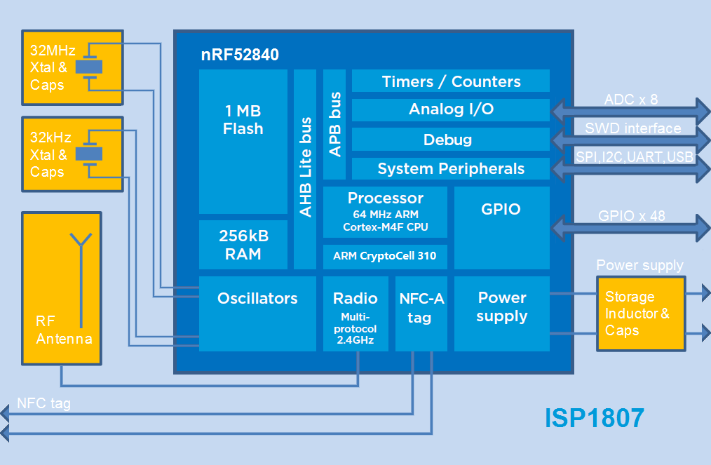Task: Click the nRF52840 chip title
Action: (x=239, y=55)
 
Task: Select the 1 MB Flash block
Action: (x=243, y=140)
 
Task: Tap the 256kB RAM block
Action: (x=243, y=245)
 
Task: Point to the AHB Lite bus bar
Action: (x=305, y=168)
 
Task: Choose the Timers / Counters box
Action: (x=450, y=81)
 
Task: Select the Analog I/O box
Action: (x=450, y=109)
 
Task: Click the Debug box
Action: (x=450, y=140)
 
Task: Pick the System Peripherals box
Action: (x=450, y=169)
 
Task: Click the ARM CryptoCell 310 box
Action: (x=385, y=256)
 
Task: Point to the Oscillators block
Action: (x=257, y=313)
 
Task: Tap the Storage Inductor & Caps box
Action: (x=639, y=314)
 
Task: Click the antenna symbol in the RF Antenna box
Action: (x=82, y=281)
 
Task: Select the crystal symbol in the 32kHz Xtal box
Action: (x=88, y=153)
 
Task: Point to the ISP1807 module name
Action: (x=594, y=418)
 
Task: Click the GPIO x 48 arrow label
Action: (x=631, y=216)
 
